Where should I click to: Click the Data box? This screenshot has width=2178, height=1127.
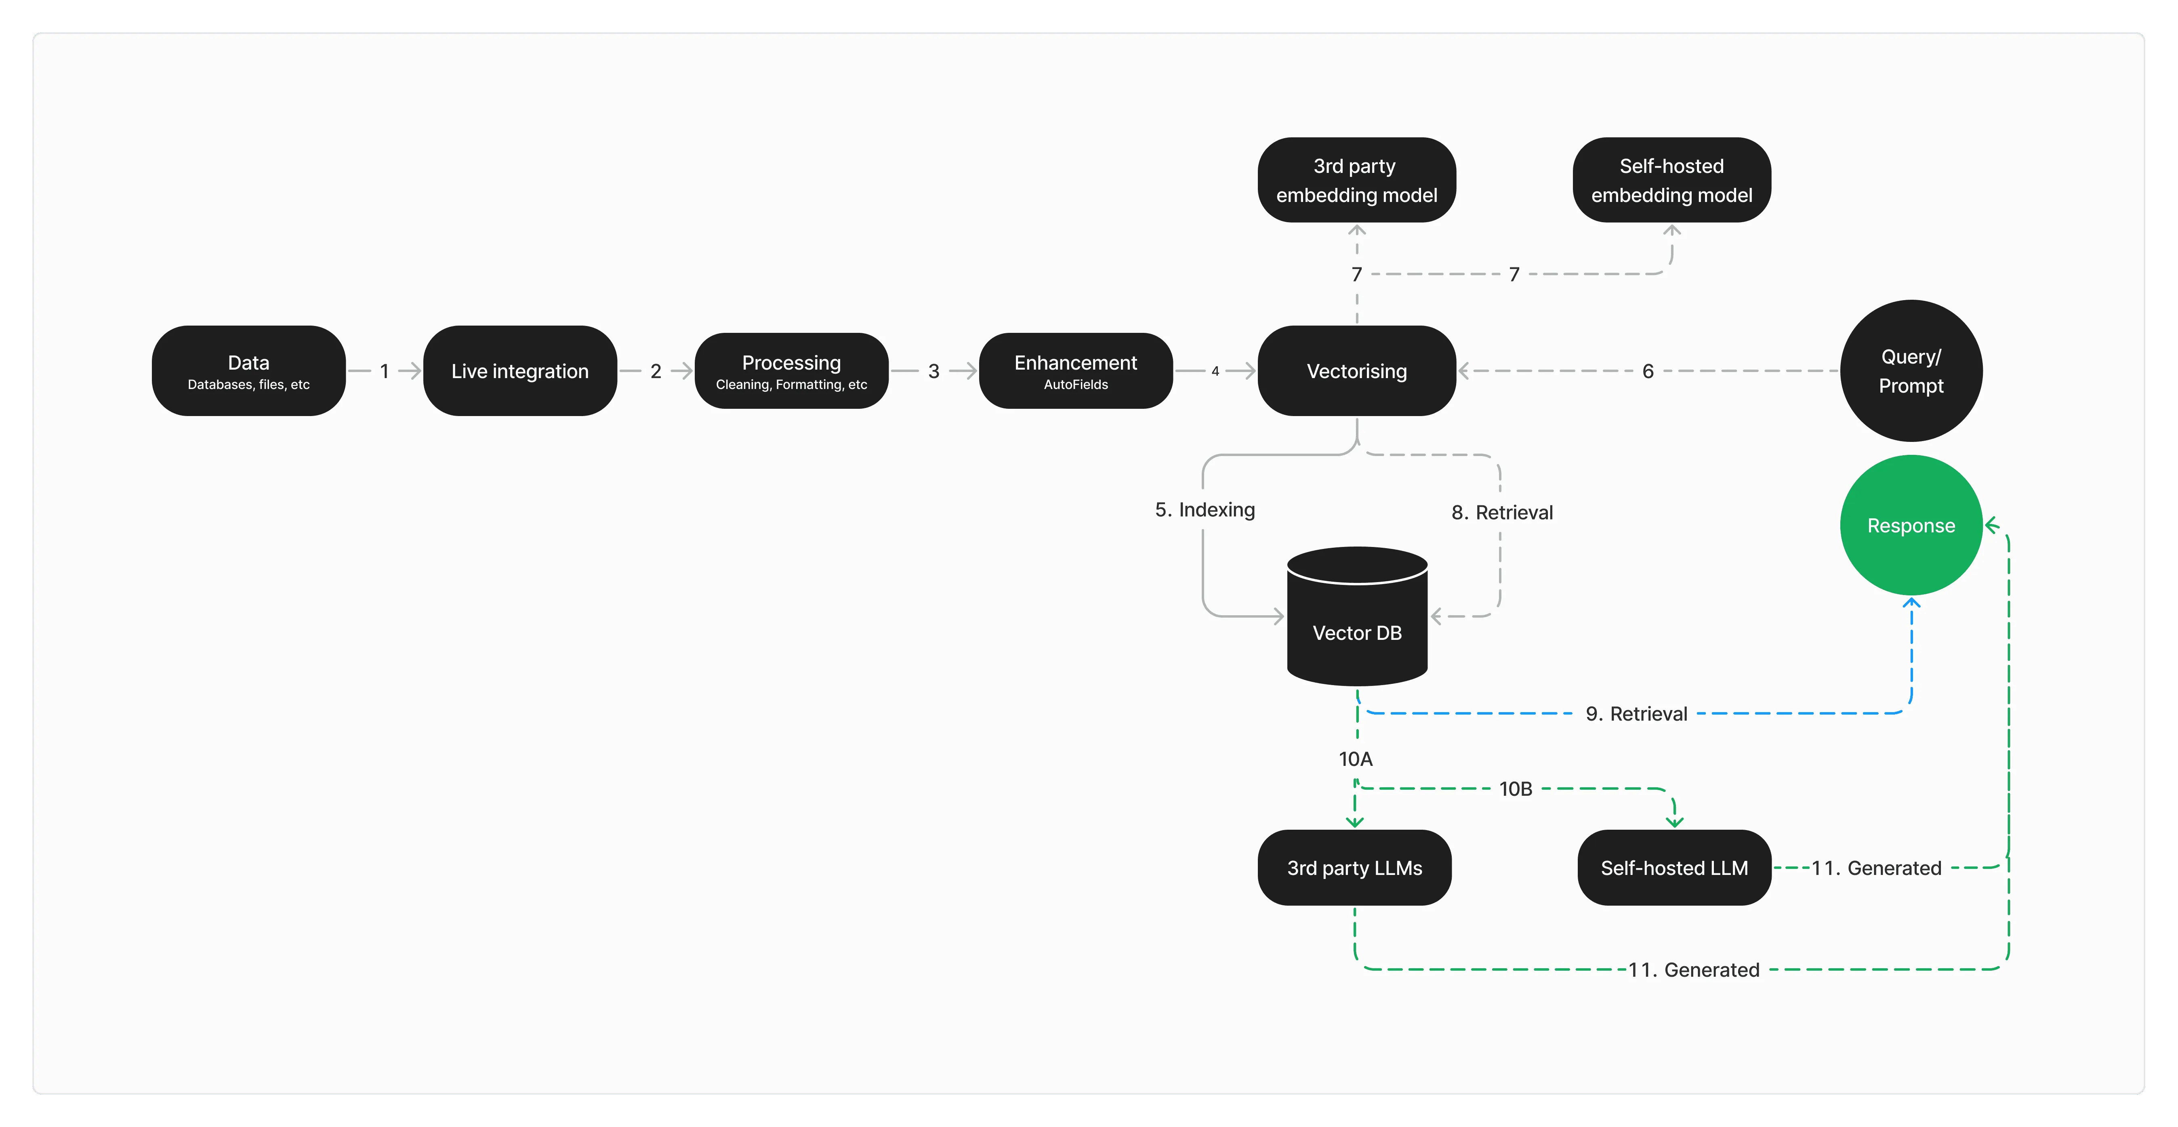tap(248, 371)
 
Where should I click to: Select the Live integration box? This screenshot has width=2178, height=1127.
tap(520, 371)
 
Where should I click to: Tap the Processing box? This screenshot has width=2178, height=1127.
tap(791, 371)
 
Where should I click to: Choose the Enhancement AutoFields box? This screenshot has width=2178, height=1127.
tap(1076, 371)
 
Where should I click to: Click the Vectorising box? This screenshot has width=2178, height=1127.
tap(1356, 371)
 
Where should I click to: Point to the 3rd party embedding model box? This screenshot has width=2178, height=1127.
tap(1356, 180)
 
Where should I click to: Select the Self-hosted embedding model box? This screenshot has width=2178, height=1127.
tap(1671, 180)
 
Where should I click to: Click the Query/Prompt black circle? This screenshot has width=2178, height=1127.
tap(1911, 371)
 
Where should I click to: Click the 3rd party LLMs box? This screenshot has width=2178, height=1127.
tap(1354, 868)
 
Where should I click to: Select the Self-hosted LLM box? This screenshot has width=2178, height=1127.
tap(1674, 868)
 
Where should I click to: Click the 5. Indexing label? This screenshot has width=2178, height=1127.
tap(1205, 510)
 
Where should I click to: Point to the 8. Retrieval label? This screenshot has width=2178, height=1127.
tap(1501, 512)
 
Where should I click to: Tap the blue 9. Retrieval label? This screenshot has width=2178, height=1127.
tap(1636, 715)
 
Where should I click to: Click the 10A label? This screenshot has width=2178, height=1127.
tap(1355, 759)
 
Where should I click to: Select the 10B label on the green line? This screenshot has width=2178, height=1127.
tap(1515, 789)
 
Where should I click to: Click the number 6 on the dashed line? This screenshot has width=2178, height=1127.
tap(1647, 371)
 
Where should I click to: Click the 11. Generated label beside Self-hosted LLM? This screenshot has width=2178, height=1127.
tap(1876, 868)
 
